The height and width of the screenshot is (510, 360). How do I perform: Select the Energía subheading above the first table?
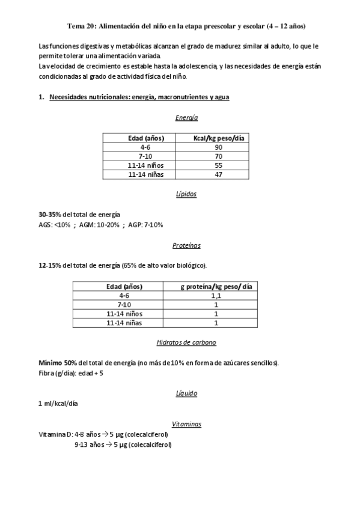coord(186,118)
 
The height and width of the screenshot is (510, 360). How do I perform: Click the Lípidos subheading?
coord(186,194)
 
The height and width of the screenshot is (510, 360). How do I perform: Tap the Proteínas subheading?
coord(186,245)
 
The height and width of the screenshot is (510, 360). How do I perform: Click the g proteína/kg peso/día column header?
coord(216,286)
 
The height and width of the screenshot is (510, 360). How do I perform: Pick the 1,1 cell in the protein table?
coord(216,296)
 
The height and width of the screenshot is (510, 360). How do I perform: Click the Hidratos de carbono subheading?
coord(186,342)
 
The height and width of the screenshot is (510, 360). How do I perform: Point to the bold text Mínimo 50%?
coord(57,363)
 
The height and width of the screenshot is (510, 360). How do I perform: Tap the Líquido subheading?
coord(186,393)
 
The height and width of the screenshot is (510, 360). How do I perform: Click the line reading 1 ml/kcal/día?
coord(58,404)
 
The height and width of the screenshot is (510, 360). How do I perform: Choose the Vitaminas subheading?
coord(186,424)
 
